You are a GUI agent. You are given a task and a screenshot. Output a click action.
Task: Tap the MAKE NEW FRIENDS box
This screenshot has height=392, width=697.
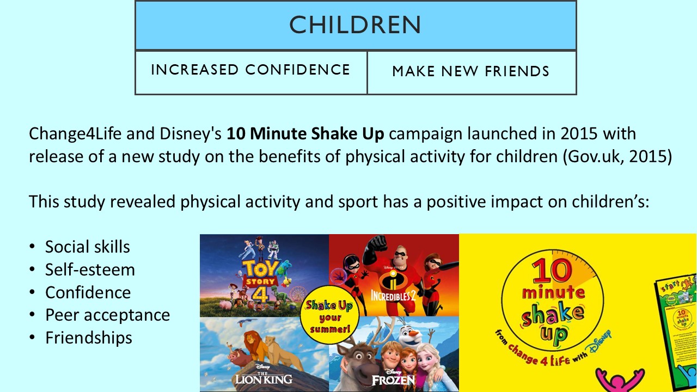point(471,71)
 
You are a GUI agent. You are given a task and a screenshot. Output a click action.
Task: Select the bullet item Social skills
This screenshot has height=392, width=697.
point(88,247)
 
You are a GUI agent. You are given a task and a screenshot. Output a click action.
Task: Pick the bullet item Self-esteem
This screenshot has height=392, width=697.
point(90,269)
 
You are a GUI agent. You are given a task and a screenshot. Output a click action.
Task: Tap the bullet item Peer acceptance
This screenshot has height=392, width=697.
point(107,315)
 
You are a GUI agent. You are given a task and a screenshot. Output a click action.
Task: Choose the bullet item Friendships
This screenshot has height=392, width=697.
point(89,338)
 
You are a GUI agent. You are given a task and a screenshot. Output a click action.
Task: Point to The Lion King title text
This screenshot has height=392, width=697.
point(264,376)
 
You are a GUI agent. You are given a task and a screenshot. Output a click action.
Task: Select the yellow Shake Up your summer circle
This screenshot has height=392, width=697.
point(328,317)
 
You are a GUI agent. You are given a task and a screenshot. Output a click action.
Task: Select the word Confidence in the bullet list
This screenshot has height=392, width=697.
point(88,292)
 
